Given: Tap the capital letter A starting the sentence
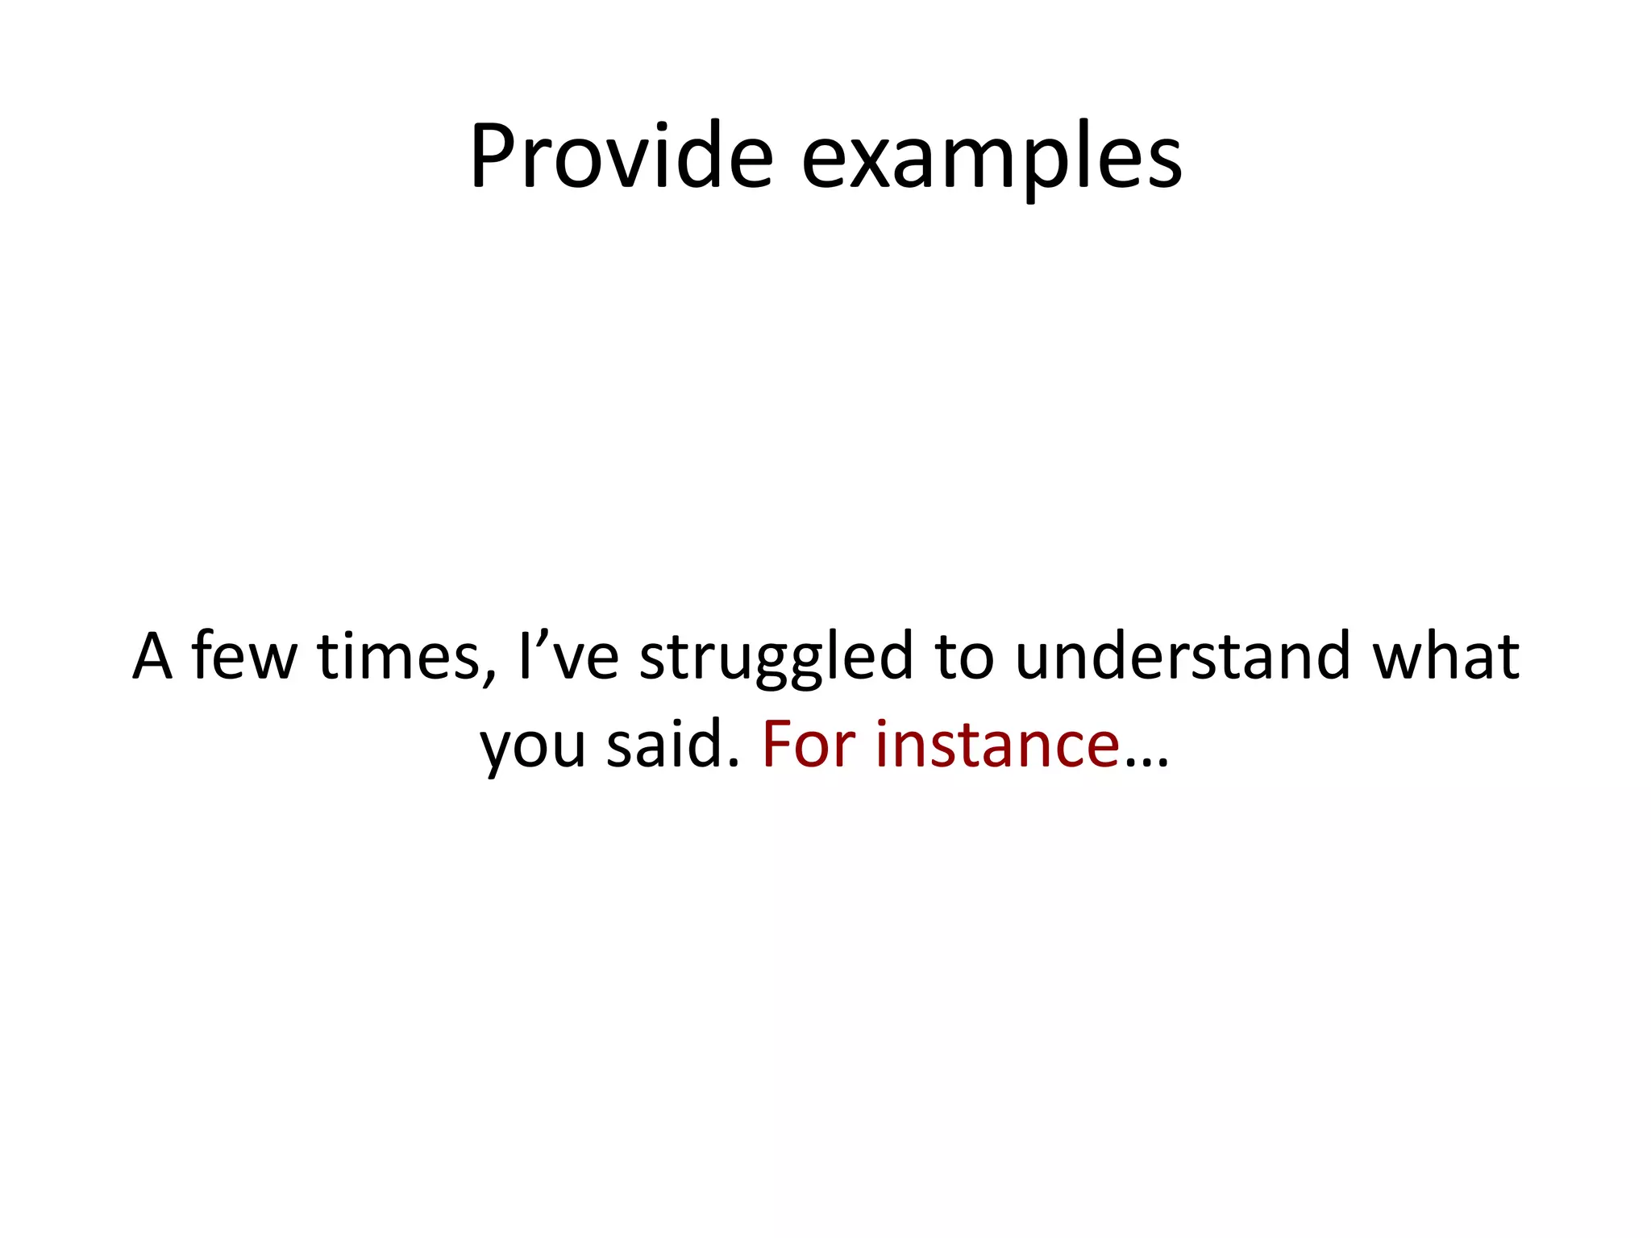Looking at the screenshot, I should (152, 656).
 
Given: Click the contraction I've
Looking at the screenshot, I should (569, 656).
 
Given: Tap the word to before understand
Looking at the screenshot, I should (964, 656).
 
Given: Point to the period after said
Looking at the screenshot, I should (734, 762).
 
